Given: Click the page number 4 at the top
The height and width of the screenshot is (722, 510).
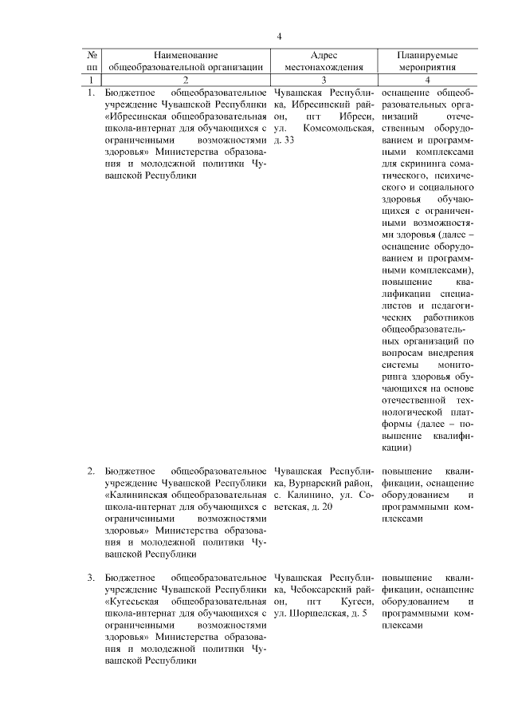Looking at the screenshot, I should pos(280,36).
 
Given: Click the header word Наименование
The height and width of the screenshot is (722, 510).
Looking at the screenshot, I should pos(186,56).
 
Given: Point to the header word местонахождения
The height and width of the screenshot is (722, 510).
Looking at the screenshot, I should pos(324,68).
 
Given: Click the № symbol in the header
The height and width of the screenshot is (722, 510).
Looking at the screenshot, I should pos(92,56).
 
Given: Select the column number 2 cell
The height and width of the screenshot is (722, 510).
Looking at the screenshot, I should pos(186,80).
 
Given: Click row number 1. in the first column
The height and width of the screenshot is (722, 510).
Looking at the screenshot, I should pos(91,93).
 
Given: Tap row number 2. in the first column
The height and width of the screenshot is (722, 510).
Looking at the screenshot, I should pos(91,471).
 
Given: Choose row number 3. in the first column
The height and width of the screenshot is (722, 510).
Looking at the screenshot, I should pos(91,577).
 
